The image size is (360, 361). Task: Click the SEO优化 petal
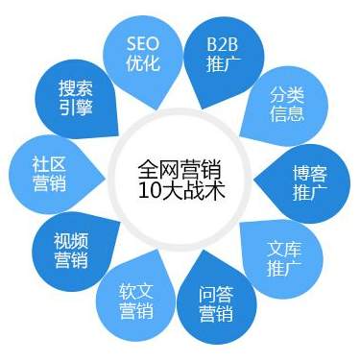[150, 54]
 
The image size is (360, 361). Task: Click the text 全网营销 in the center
[180, 165]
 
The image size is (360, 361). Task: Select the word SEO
[150, 43]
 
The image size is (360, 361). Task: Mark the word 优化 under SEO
[150, 64]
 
